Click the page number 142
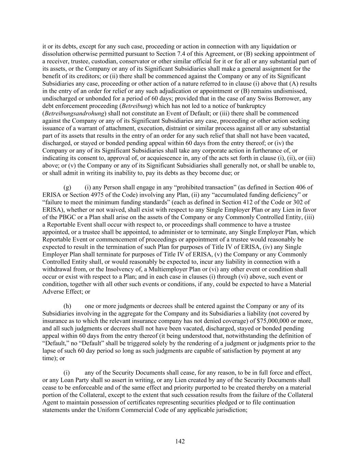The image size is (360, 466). (180, 441)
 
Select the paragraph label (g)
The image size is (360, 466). (67, 187)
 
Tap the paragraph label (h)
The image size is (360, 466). (67, 306)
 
